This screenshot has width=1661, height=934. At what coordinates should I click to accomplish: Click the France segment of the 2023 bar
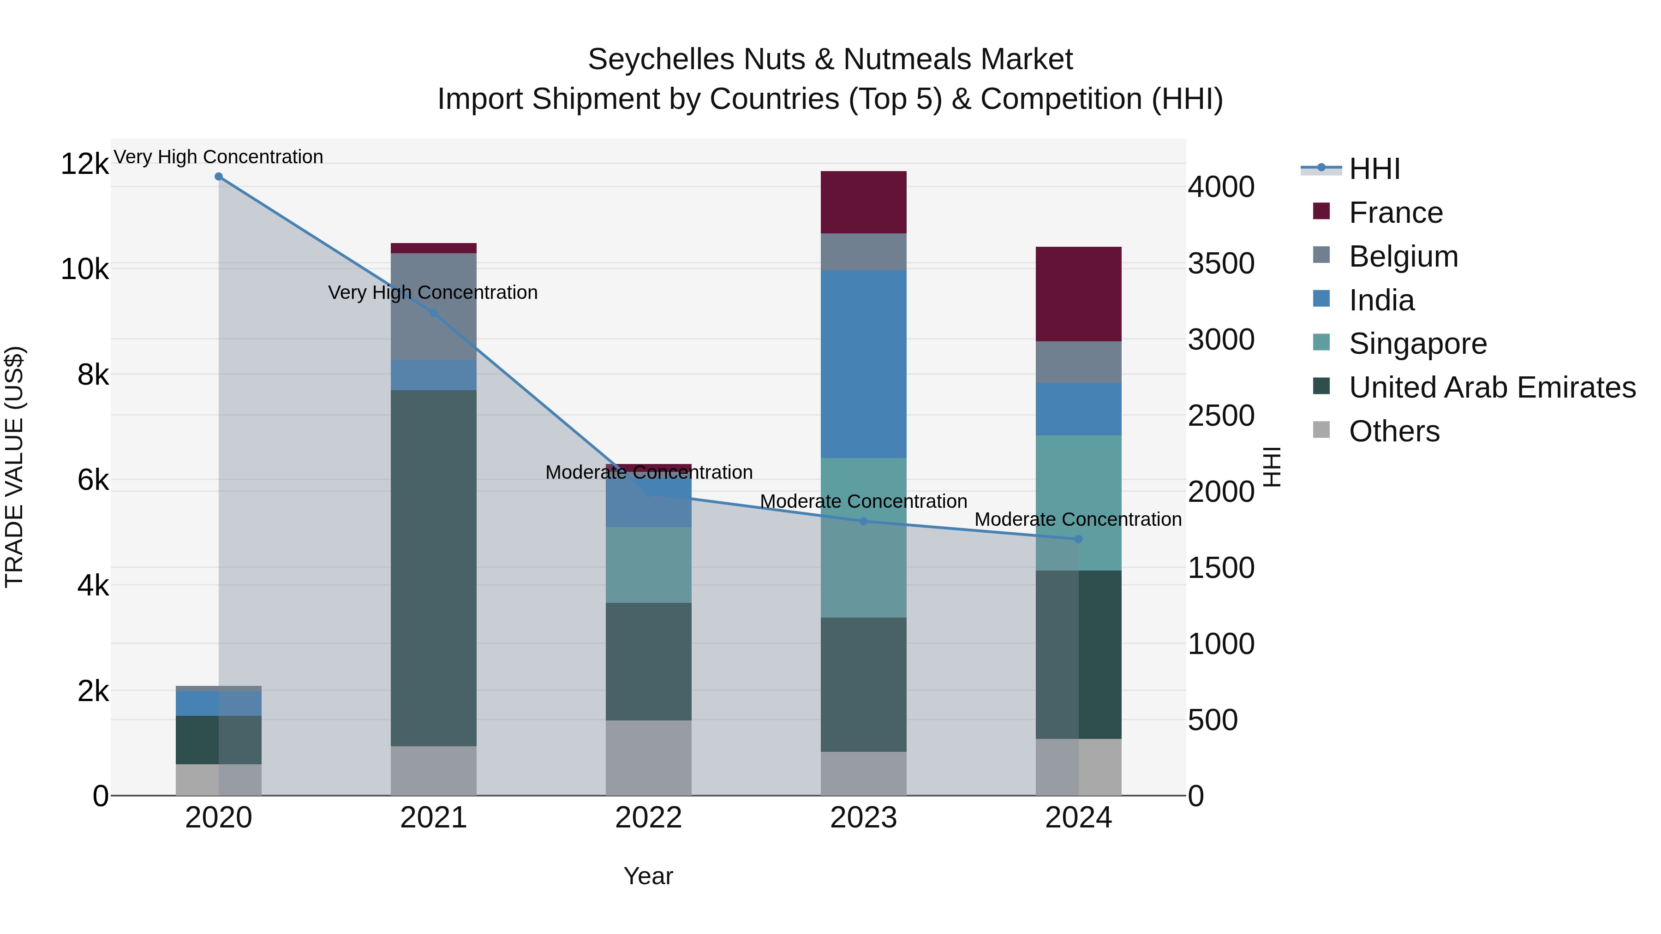point(863,202)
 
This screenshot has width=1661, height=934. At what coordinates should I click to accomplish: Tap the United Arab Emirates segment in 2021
point(433,567)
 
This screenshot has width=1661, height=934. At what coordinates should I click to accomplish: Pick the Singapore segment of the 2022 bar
point(648,565)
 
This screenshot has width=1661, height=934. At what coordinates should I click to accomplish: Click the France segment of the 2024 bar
point(1078,293)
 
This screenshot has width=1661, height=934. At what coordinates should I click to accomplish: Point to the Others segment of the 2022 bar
point(648,757)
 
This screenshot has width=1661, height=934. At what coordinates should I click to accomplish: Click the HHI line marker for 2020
point(219,177)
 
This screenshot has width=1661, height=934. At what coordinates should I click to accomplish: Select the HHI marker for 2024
point(1078,539)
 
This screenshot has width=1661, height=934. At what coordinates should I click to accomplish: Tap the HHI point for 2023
point(863,521)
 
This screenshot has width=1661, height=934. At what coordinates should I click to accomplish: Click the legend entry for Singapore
point(1417,344)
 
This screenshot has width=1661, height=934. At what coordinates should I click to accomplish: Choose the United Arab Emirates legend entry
point(1491,387)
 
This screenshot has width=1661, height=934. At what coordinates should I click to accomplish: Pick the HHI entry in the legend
point(1374,169)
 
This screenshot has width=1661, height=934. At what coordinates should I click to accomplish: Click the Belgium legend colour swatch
point(1321,255)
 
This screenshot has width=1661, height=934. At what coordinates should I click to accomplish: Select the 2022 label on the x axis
point(648,818)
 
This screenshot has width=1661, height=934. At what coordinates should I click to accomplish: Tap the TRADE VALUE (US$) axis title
point(15,467)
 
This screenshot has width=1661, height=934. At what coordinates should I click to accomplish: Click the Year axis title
point(648,876)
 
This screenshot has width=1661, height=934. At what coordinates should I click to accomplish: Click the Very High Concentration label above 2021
point(433,292)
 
